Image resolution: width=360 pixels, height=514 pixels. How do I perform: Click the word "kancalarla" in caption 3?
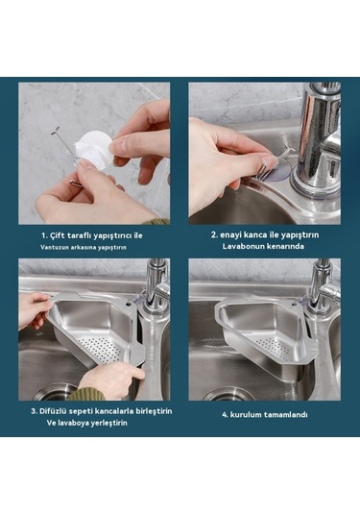[122, 410]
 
